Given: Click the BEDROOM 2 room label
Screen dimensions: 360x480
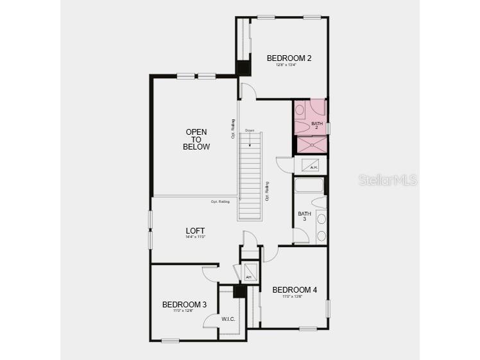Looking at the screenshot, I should tap(289, 58).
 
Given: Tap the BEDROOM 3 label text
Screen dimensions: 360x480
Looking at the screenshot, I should tap(184, 304).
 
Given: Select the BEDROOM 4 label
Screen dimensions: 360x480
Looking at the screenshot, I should tap(295, 290).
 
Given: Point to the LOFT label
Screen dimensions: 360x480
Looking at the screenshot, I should tap(195, 230).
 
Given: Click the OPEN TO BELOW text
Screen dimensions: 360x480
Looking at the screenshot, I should tap(196, 139).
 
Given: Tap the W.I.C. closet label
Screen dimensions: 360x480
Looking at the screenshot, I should tap(228, 319).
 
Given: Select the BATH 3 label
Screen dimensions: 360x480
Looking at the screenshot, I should tap(304, 216).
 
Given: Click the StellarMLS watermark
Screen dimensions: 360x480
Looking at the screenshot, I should tap(388, 180).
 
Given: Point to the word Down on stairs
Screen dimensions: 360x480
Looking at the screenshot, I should tap(250, 131).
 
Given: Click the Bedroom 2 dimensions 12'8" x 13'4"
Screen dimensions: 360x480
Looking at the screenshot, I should tap(289, 65).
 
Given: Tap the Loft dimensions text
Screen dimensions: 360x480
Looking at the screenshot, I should tap(195, 237).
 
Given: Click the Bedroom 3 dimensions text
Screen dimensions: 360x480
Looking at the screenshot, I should tap(184, 311).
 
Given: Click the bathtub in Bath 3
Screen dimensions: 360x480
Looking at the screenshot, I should tap(308, 185).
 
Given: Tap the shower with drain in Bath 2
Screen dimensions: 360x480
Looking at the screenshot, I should tap(311, 145).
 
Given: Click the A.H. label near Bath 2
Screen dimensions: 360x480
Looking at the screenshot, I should tap(313, 167).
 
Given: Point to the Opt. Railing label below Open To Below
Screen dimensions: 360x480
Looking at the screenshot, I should tap(220, 202).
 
